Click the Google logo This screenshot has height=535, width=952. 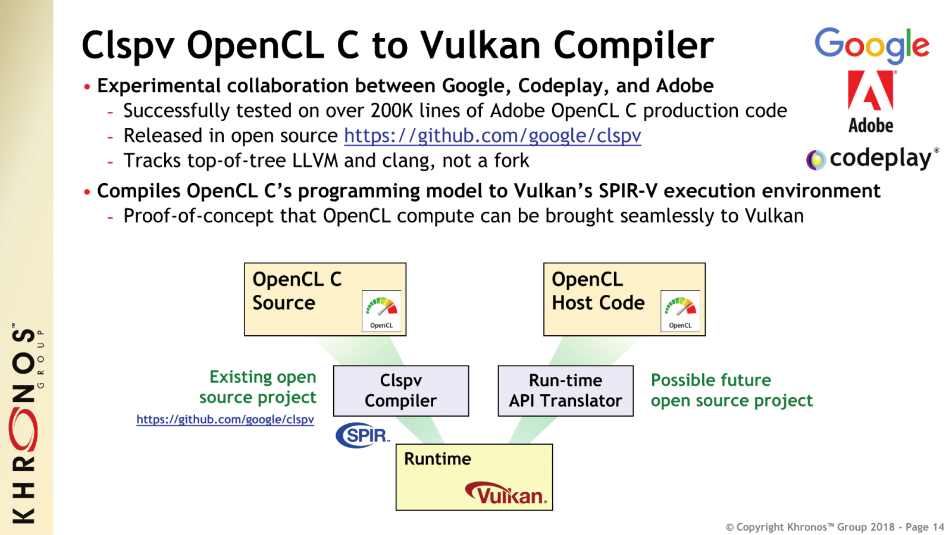click(x=872, y=45)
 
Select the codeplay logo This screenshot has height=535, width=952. click(x=872, y=159)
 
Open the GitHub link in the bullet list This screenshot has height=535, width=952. click(x=492, y=136)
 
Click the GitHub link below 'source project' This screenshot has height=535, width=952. click(x=225, y=420)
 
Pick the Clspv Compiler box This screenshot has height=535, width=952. click(x=401, y=391)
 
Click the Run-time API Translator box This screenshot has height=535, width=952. click(x=565, y=391)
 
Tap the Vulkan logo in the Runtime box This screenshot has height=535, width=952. click(x=506, y=493)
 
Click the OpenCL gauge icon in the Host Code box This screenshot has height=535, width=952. click(x=680, y=311)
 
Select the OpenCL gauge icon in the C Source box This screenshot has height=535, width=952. click(x=381, y=311)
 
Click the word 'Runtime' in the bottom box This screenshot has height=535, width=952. click(x=437, y=459)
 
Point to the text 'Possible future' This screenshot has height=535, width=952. click(x=710, y=380)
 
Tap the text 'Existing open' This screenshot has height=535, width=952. click(x=262, y=377)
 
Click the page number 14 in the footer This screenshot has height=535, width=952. click(x=938, y=527)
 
